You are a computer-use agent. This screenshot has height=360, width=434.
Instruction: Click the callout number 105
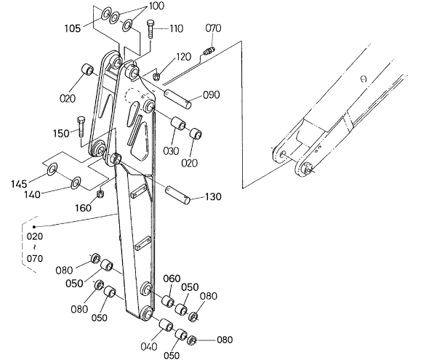[73, 28]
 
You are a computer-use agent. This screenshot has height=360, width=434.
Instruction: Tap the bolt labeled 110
[150, 29]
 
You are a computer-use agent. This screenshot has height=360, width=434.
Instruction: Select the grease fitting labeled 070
[209, 51]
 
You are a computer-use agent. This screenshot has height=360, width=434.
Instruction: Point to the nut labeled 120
[156, 76]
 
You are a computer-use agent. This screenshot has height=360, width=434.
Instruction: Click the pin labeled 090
[177, 99]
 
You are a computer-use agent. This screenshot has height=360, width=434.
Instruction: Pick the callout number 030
[171, 151]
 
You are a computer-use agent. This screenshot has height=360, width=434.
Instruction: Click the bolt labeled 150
[81, 127]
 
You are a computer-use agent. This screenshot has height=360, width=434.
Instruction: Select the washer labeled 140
[76, 183]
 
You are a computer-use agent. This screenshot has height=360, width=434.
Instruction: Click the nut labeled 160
[100, 194]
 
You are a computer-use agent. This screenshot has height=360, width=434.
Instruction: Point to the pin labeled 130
[177, 195]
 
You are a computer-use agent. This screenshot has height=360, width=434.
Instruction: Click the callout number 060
[172, 279]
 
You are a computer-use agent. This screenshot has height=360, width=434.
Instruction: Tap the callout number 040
[148, 346]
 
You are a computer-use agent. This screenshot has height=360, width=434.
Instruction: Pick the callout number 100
[156, 6]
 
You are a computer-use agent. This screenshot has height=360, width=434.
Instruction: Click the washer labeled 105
[105, 14]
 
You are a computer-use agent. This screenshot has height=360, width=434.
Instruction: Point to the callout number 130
[213, 196]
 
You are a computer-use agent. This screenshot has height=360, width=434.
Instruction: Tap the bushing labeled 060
[168, 302]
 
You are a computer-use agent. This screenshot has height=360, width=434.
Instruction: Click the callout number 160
[84, 208]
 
